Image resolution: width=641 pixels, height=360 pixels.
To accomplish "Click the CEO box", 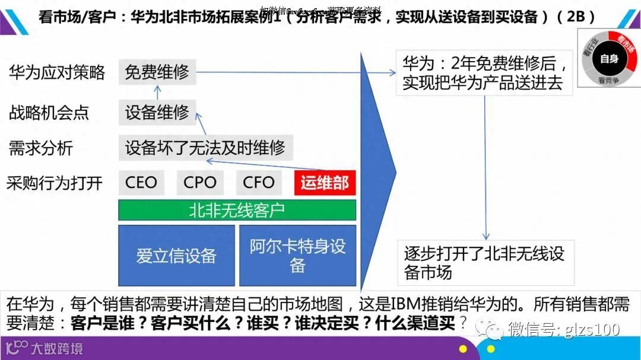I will (x=141, y=183).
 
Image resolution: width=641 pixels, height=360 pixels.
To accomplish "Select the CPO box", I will (x=200, y=183).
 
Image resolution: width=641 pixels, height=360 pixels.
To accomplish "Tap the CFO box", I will (x=259, y=183).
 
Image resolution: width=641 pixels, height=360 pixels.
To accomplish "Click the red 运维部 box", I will (x=325, y=183).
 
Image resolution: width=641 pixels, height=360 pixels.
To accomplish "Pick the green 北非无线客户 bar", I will (x=237, y=210).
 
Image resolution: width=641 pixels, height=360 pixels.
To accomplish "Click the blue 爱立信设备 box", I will (x=176, y=256).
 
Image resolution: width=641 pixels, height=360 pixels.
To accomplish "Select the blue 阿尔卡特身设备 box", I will (x=297, y=256).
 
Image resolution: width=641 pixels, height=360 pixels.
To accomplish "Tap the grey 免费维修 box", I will (x=157, y=72).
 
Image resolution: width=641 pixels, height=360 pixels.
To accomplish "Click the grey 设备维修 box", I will (x=157, y=111).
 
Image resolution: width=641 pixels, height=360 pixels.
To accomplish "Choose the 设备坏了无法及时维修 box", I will (x=205, y=147).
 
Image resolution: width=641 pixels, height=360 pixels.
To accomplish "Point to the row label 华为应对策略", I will (x=57, y=72).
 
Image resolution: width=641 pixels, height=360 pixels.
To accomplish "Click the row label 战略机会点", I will (x=49, y=111).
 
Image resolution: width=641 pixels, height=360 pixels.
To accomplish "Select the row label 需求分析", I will (x=40, y=148).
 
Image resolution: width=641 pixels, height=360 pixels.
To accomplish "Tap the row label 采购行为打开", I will (x=55, y=183).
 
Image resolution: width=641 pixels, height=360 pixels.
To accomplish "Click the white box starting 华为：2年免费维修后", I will (x=484, y=72).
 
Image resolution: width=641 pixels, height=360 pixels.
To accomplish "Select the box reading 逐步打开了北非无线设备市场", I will (x=485, y=263).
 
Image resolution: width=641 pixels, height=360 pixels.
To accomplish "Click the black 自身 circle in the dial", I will (x=608, y=58).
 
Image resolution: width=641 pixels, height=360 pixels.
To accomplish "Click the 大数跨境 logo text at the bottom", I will (x=56, y=348).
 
